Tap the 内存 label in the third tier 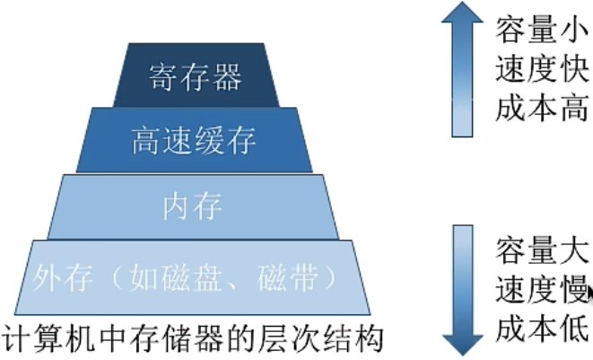tap(194, 206)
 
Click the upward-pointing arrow tap(462, 72)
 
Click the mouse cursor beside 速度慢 tap(589, 293)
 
